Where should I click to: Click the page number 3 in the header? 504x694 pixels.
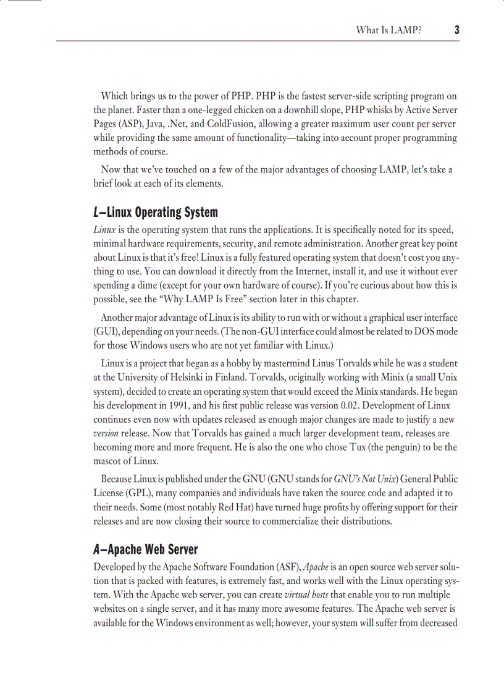tap(456, 30)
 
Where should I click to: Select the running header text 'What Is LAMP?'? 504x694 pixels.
tap(388, 30)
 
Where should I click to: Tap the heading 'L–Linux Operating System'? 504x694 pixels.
tap(156, 213)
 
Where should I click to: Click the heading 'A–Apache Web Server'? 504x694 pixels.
tap(146, 549)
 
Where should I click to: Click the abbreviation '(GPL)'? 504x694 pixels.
tap(134, 493)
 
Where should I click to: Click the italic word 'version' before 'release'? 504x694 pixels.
tap(106, 433)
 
